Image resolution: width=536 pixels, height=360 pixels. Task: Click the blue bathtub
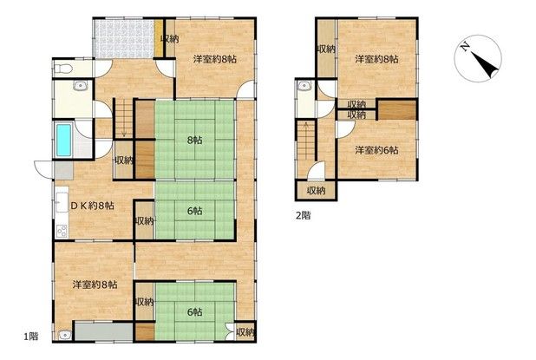click(x=64, y=141)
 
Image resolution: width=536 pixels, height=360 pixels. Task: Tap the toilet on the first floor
click(x=63, y=69)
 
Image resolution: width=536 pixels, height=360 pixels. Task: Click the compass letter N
click(x=465, y=47)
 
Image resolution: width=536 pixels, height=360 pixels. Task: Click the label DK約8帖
click(x=92, y=206)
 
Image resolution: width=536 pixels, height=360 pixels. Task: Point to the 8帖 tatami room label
click(x=194, y=141)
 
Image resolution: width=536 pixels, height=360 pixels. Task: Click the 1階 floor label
click(x=30, y=337)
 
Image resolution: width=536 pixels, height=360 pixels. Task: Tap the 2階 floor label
click(x=304, y=216)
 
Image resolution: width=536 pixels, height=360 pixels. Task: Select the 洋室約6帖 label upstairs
click(x=376, y=150)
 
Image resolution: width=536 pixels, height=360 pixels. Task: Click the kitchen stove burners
click(x=62, y=232)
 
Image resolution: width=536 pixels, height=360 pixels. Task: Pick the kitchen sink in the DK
click(x=62, y=202)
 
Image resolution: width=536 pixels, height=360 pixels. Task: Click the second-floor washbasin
click(x=304, y=86)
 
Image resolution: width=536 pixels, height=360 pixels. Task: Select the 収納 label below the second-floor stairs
click(x=316, y=191)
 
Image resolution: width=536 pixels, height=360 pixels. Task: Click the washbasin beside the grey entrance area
click(x=64, y=335)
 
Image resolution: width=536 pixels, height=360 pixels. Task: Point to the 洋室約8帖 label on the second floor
click(x=376, y=59)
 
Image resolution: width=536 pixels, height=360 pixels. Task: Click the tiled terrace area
click(x=124, y=39)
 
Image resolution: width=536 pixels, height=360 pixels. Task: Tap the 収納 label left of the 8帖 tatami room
click(x=124, y=160)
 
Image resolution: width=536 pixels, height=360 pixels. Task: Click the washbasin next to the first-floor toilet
click(x=80, y=86)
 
